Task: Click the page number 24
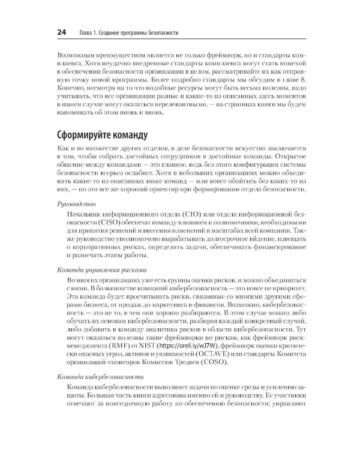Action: pyautogui.click(x=45, y=31)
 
